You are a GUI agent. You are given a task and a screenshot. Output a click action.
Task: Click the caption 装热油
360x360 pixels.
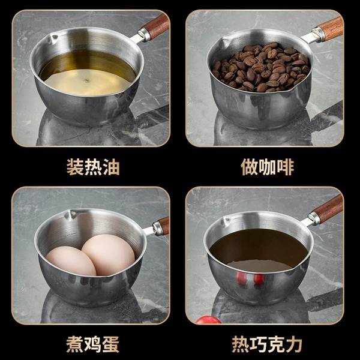pyautogui.click(x=93, y=167)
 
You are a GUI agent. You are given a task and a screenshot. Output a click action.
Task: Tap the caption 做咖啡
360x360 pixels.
pyautogui.click(x=267, y=167)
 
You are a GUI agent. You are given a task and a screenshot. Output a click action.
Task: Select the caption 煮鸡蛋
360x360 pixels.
pyautogui.click(x=92, y=344)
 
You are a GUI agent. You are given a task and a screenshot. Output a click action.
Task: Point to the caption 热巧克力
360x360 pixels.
pyautogui.click(x=267, y=344)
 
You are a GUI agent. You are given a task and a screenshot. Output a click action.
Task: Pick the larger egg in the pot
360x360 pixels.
pyautogui.click(x=109, y=254)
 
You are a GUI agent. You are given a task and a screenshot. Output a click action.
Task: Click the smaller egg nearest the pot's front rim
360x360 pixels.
pyautogui.click(x=71, y=261)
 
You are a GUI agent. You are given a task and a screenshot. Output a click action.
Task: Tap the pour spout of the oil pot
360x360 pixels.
pyautogui.click(x=52, y=38)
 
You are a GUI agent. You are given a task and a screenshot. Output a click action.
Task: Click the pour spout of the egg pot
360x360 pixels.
pyautogui.click(x=70, y=214)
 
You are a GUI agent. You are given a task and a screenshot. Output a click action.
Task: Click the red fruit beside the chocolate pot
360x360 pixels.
pyautogui.click(x=208, y=320)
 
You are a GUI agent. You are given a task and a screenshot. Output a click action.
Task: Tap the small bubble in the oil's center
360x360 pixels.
pyautogui.click(x=86, y=81)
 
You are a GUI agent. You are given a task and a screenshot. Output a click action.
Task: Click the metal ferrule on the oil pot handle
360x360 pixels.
pyautogui.click(x=144, y=35)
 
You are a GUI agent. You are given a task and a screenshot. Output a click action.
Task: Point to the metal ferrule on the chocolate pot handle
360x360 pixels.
pyautogui.click(x=314, y=218)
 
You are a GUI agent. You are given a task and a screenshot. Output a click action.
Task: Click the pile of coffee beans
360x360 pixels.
pyautogui.click(x=261, y=67)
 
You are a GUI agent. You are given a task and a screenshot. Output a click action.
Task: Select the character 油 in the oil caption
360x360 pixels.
pyautogui.click(x=112, y=167)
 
